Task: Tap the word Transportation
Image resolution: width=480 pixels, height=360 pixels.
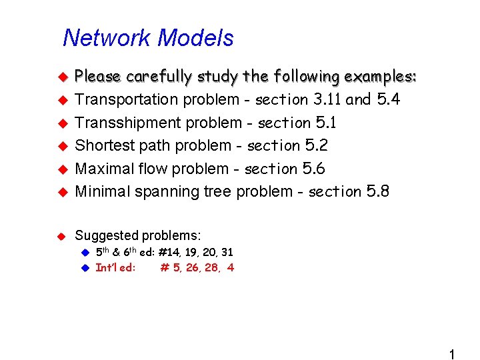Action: (126, 100)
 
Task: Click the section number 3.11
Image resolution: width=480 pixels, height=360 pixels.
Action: (327, 100)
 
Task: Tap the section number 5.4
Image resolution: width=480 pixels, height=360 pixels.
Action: (389, 100)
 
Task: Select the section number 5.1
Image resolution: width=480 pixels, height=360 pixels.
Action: (325, 123)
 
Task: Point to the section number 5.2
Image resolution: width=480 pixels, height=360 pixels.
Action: (316, 145)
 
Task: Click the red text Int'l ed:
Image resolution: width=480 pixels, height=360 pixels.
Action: (115, 268)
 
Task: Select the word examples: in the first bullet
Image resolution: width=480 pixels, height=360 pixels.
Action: (380, 77)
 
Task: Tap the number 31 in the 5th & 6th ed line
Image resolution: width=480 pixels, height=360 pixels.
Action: (227, 253)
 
